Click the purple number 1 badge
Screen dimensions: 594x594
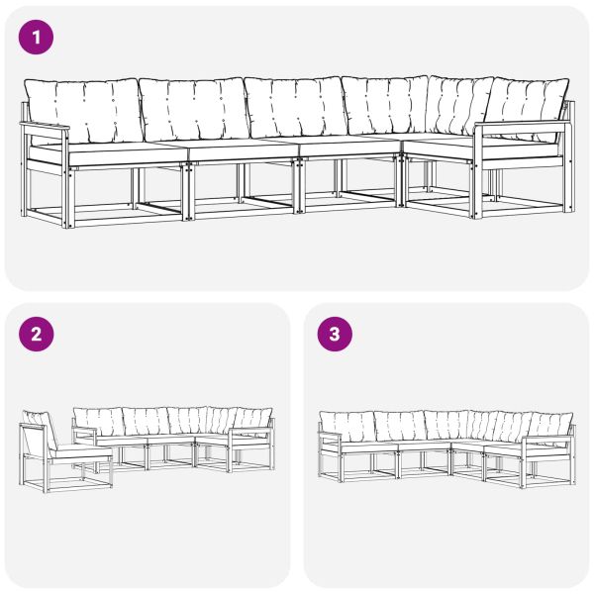pyautogui.click(x=37, y=38)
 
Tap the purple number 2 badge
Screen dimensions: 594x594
pyautogui.click(x=37, y=334)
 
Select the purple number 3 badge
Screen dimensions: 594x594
pyautogui.click(x=334, y=334)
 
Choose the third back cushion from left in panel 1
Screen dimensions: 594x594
pyautogui.click(x=294, y=107)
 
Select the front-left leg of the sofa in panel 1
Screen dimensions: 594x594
pyautogui.click(x=66, y=188)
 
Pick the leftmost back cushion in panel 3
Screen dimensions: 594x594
pyautogui.click(x=348, y=427)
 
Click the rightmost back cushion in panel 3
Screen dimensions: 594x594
pyautogui.click(x=549, y=427)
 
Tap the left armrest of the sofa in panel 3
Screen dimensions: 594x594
pyautogui.click(x=330, y=437)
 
